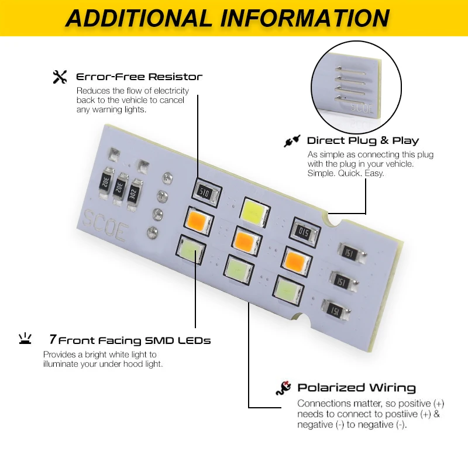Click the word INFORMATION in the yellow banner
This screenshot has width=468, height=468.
click(x=304, y=18)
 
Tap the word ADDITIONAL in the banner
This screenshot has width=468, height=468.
click(x=139, y=18)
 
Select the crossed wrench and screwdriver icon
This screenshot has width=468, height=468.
click(x=60, y=77)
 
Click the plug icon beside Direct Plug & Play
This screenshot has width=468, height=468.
click(x=292, y=140)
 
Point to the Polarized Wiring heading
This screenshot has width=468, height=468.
click(x=356, y=387)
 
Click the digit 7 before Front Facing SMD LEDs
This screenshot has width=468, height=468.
click(x=53, y=339)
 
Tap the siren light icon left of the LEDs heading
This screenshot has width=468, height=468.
click(x=25, y=339)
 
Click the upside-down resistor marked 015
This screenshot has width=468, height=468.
click(x=304, y=232)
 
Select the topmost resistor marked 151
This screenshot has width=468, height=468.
click(x=350, y=253)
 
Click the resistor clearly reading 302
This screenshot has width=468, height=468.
click(x=133, y=194)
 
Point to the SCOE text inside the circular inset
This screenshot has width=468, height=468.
click(x=362, y=108)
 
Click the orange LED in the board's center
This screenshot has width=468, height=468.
click(x=245, y=241)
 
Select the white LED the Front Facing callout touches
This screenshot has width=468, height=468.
click(x=191, y=250)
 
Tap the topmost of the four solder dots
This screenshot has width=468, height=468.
click(x=167, y=178)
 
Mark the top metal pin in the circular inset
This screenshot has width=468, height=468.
click(x=350, y=69)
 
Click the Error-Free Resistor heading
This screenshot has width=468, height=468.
click(x=139, y=77)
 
